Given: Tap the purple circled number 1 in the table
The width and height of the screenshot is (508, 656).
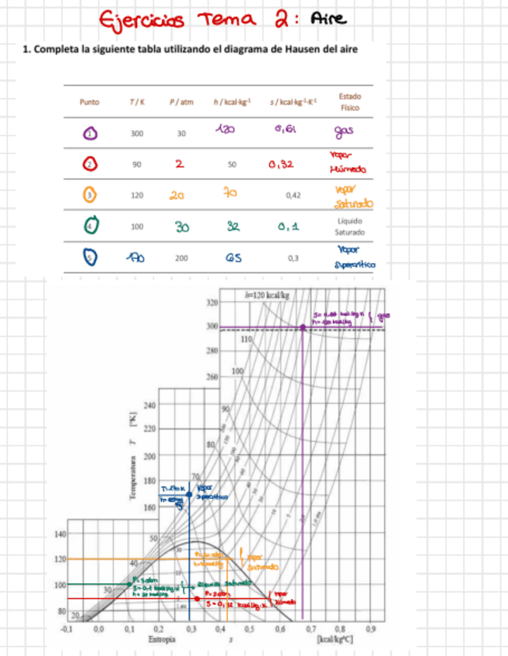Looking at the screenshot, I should (x=90, y=133).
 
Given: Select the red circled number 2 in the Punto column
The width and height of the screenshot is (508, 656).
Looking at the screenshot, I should (x=90, y=164).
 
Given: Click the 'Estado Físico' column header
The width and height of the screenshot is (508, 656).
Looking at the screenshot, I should (x=350, y=102).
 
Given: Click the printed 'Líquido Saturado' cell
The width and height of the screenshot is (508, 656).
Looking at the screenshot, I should (x=350, y=226).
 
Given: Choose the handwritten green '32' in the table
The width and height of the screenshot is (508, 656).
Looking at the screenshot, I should (x=232, y=226).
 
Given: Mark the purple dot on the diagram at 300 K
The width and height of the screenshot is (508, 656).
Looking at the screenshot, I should (x=303, y=327).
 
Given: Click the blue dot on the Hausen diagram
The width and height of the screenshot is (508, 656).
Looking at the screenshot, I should (x=189, y=494).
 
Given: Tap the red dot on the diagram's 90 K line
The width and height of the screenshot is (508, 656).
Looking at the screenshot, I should (x=197, y=599).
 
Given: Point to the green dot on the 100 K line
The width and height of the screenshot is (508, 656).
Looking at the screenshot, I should (x=129, y=584).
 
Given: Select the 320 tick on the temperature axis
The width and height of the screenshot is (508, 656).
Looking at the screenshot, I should (x=211, y=302).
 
